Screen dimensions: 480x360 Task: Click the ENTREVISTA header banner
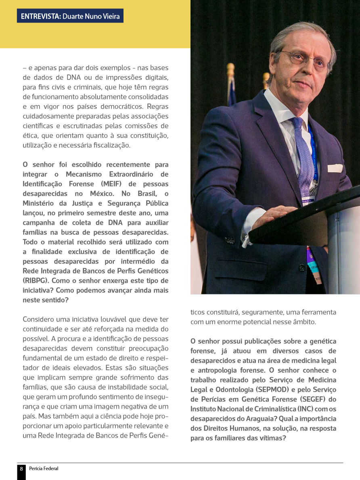pyautogui.click(x=70, y=16)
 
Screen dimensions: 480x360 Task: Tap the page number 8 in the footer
pyautogui.click(x=21, y=469)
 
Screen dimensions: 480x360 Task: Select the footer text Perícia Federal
pyautogui.click(x=44, y=469)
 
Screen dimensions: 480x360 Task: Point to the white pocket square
pyautogui.click(x=335, y=168)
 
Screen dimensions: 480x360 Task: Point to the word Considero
pyautogui.click(x=39, y=319)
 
